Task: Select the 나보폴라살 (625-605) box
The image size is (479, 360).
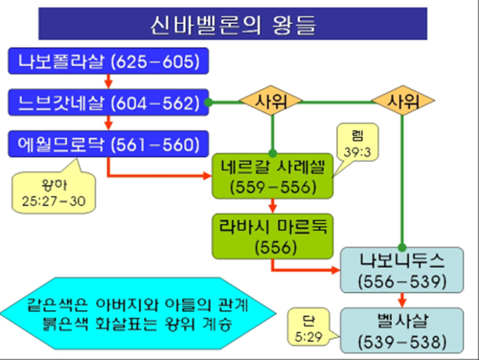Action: click(x=108, y=62)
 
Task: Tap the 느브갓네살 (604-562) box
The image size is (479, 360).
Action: click(x=108, y=103)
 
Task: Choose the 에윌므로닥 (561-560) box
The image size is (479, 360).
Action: click(x=108, y=144)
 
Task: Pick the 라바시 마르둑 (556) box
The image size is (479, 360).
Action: click(x=274, y=234)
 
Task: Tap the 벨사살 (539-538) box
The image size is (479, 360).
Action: click(x=402, y=330)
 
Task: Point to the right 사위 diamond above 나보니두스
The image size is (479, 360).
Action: click(x=403, y=103)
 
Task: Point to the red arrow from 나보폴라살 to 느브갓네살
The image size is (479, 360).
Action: click(x=108, y=82)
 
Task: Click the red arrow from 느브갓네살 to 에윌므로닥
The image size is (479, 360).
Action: click(x=108, y=123)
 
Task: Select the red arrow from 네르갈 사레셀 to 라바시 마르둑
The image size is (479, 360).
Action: click(x=274, y=206)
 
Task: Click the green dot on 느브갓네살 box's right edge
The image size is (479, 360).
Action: click(x=208, y=103)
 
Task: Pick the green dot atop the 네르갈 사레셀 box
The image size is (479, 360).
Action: click(x=274, y=153)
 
